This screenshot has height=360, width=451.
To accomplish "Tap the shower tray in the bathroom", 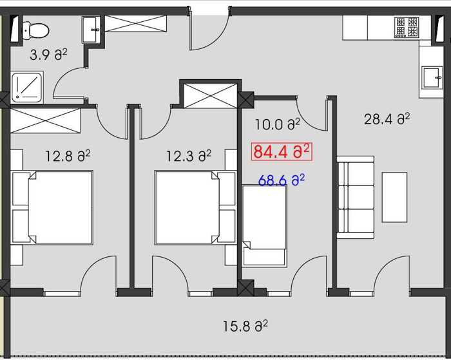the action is point(27,87).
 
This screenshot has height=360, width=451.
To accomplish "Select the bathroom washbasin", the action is point(91,30).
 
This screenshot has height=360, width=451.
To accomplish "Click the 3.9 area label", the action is point(48,55).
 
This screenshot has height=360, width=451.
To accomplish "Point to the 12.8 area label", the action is point(68,156).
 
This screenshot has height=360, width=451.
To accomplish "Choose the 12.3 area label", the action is point(189,156).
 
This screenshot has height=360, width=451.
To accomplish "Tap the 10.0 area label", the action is point(278,124).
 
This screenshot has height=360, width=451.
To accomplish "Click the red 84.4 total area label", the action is point(282,151).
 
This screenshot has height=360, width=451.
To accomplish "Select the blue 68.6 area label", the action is point(282,180).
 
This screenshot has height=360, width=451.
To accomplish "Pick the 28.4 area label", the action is point(387,118).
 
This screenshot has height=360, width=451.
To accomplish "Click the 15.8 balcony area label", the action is point(245,326).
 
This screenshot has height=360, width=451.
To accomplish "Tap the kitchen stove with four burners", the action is point(407,27).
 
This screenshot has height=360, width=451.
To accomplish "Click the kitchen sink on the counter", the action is point(432,78).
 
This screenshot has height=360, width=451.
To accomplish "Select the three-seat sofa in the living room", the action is point(356,197).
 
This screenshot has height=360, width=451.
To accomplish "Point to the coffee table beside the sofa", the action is point(394,197).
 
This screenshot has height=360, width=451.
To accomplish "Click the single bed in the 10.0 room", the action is point(265,225).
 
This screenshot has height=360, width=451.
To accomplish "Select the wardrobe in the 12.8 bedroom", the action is point(45,121).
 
